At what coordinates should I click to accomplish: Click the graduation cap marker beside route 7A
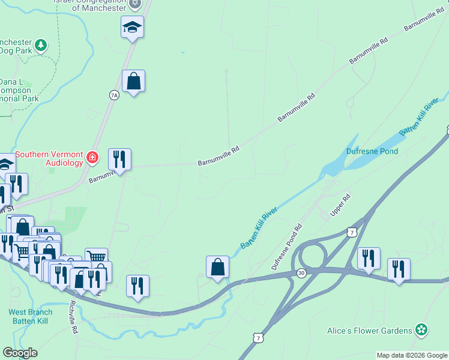132,27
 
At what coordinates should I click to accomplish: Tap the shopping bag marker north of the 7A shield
133,80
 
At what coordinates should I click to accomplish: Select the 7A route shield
115,95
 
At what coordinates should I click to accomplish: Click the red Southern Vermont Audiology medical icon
92,158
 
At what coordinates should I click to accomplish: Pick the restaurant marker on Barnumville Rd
119,160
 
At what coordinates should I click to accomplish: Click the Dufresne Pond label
372,151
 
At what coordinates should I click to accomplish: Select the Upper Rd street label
340,206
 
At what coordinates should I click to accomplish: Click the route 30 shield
301,272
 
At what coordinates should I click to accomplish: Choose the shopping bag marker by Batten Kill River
217,266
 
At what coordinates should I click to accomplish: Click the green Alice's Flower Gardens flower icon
423,330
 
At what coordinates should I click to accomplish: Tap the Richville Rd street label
73,316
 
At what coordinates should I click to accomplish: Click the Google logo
20,353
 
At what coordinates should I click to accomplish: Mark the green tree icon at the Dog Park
41,45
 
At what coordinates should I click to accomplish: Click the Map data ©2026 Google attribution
412,355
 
